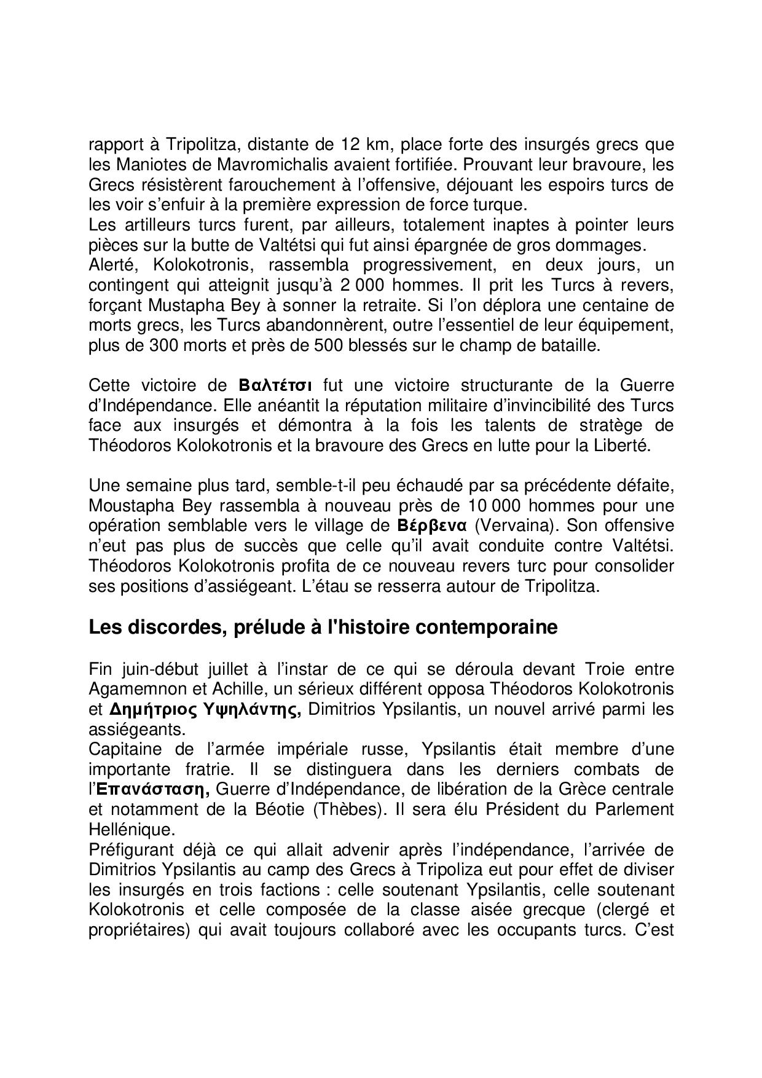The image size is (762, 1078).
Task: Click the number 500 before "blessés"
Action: (x=328, y=345)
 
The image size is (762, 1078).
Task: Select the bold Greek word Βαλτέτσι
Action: (x=275, y=385)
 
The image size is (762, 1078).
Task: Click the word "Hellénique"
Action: (x=132, y=830)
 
